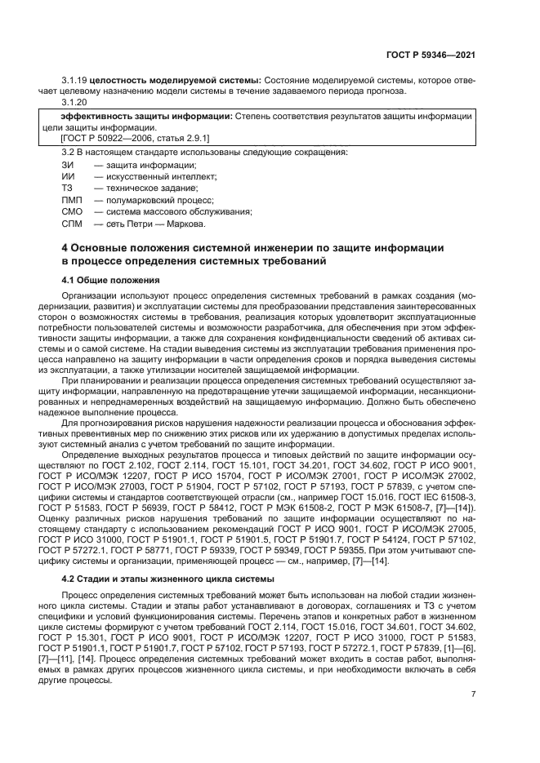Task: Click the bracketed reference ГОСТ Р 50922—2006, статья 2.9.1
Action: point(118,139)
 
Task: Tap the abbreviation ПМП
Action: point(71,200)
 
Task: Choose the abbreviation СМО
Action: point(72,211)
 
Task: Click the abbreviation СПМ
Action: point(72,224)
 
